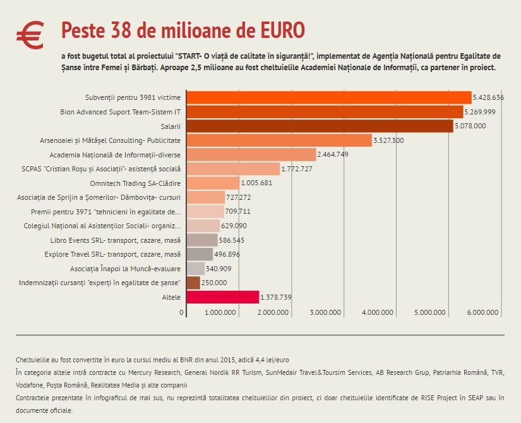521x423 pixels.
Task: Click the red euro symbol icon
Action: pos(30,35)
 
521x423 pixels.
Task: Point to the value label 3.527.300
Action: pos(388,140)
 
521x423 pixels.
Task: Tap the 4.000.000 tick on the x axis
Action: pos(379,312)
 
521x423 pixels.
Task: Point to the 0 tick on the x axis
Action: pos(182,312)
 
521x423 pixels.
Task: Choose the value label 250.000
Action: pos(214,283)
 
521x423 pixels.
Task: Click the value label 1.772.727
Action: pos(297,169)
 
